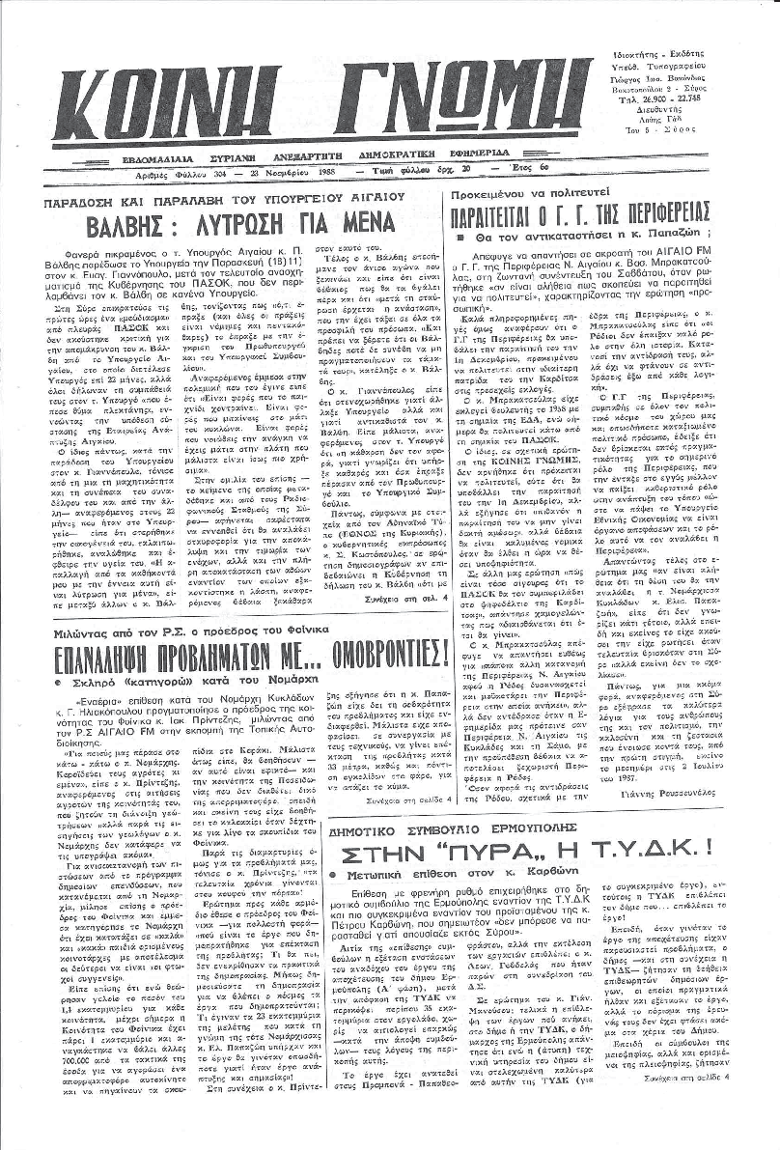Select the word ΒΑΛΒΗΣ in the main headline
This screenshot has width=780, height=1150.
(x=146, y=230)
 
